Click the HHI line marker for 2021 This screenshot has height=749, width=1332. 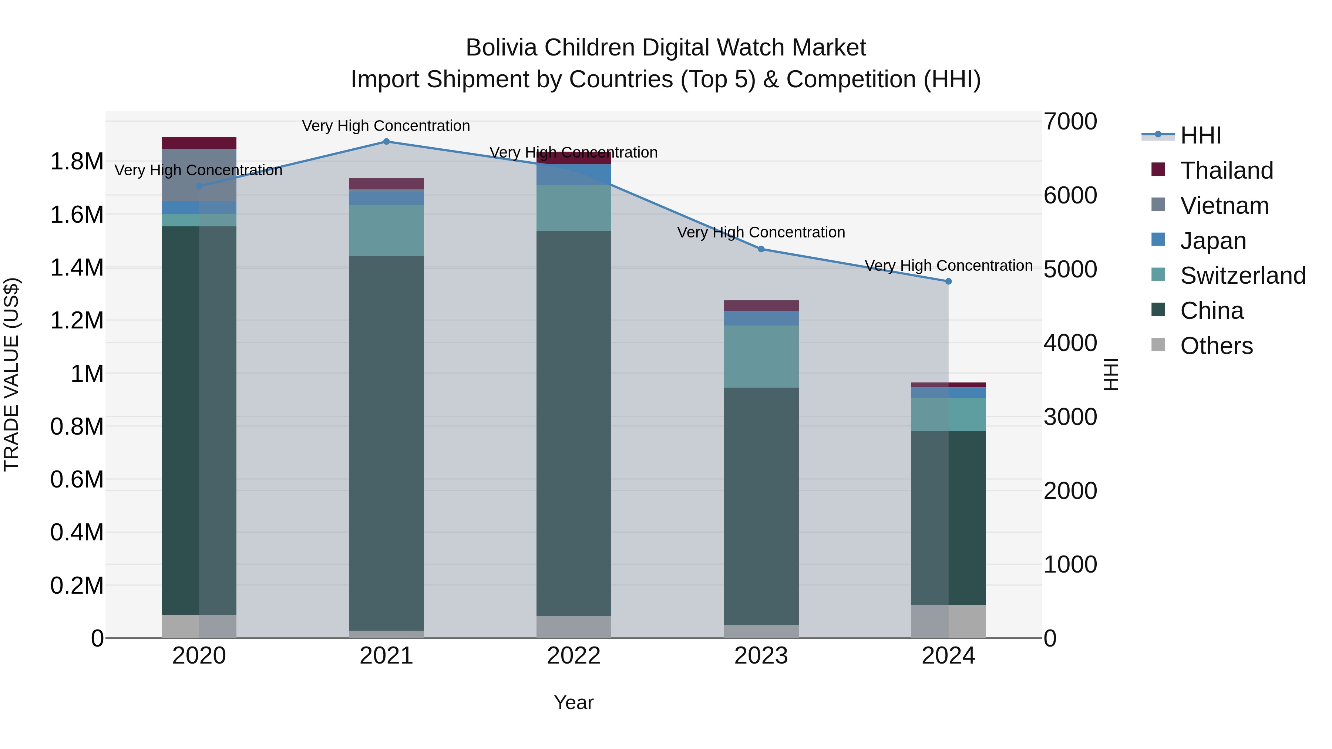(386, 142)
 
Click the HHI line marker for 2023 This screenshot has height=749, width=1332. (761, 249)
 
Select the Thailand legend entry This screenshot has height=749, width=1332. (1226, 171)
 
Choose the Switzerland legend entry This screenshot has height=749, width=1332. (1242, 276)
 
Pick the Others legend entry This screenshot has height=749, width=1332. (1216, 346)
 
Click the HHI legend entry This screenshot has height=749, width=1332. (1200, 135)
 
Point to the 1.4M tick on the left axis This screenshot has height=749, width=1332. (77, 268)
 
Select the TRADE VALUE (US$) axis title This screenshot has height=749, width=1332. (11, 374)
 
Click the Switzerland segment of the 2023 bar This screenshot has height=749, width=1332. (761, 357)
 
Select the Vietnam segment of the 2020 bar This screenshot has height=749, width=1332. (199, 175)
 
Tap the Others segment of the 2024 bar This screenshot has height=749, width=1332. (948, 621)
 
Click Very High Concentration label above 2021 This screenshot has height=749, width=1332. (386, 126)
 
